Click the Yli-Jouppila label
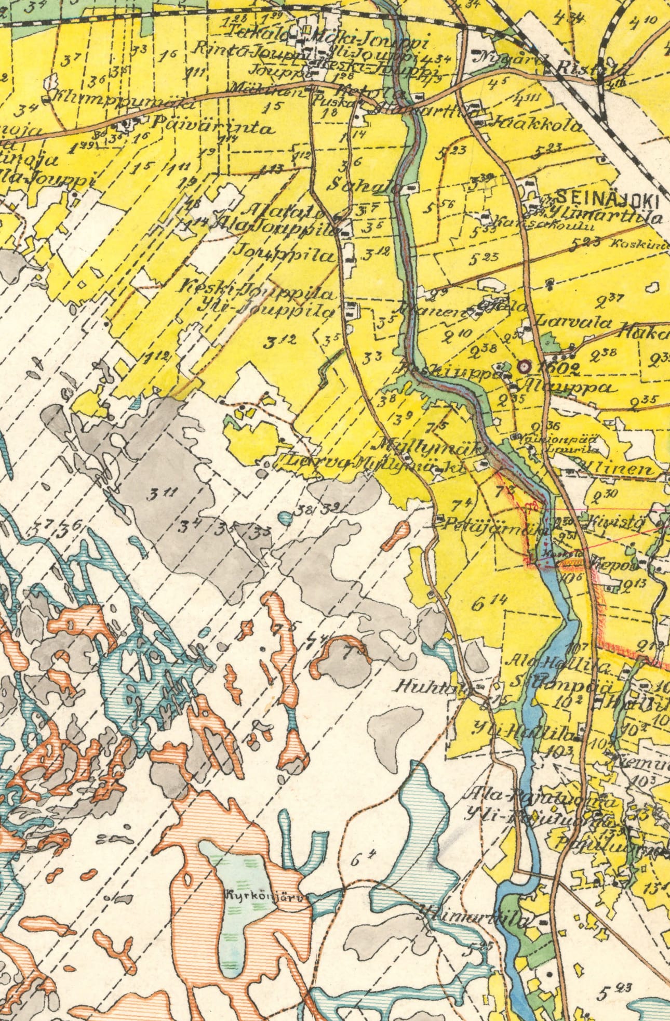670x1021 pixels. tap(266, 310)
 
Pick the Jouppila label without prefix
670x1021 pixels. tap(284, 254)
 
